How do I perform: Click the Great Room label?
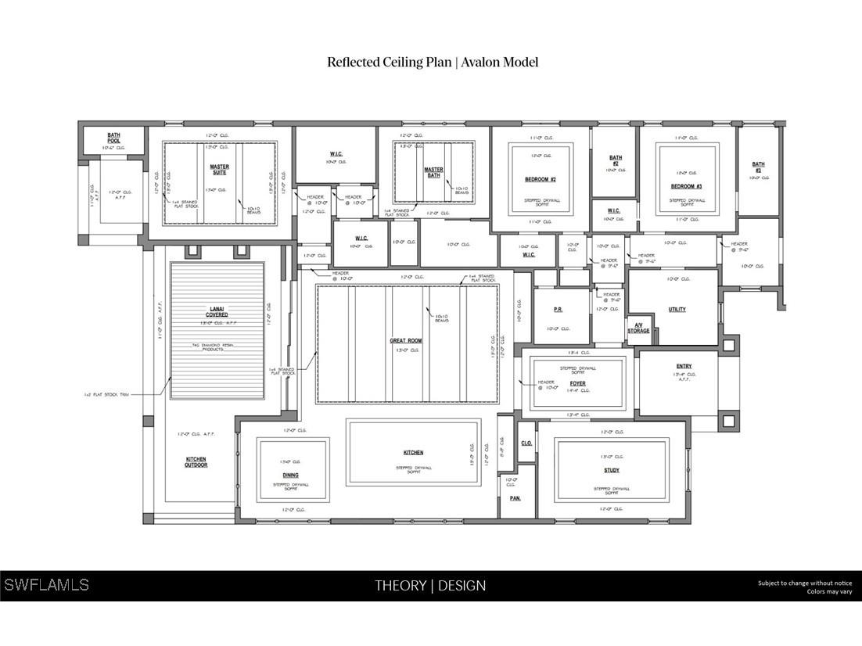[406, 341]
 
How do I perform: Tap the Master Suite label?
[219, 169]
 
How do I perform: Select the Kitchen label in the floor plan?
[413, 453]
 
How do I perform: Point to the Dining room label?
[290, 475]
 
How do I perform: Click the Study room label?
[612, 470]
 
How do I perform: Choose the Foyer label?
[578, 383]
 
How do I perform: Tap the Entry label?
[684, 366]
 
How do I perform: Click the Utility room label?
[677, 309]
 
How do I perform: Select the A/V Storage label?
[638, 328]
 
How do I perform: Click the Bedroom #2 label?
[540, 180]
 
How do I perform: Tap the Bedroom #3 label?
[686, 186]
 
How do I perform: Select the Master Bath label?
[433, 172]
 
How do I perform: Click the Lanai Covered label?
[217, 311]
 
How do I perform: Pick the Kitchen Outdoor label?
[196, 462]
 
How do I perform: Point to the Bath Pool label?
[114, 138]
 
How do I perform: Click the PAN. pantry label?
[515, 498]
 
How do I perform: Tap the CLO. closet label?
[526, 443]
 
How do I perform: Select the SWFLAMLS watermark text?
[46, 585]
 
